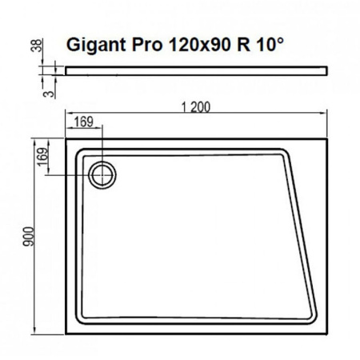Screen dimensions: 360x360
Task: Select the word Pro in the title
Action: pos(145,45)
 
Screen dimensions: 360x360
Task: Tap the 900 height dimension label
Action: pos(28,238)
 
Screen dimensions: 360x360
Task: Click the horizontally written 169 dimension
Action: pos(83,122)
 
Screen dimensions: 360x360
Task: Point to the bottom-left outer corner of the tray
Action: pos(66,332)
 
